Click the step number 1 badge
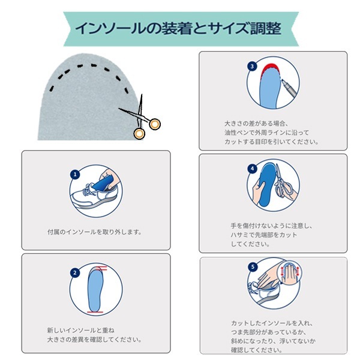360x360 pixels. click(75, 175)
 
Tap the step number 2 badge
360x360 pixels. click(75, 273)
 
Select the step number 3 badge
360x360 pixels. click(252, 67)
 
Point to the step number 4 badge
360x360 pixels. click(253, 169)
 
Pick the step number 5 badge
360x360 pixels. click(253, 267)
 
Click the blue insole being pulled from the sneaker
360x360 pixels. click(104, 183)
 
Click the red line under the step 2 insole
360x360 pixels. click(95, 312)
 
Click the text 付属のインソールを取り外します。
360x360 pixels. click(95, 232)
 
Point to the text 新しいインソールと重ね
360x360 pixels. click(80, 331)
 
